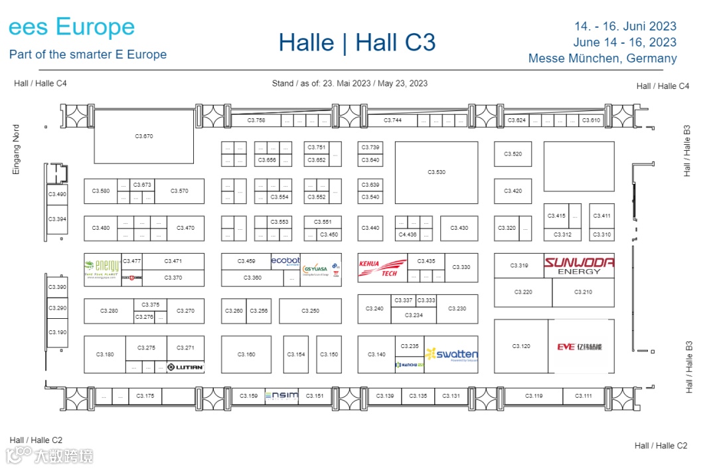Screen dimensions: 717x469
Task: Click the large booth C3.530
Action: pyautogui.click(x=436, y=173)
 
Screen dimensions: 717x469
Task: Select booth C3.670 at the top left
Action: pyautogui.click(x=144, y=136)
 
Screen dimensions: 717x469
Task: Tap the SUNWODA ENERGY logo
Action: pyautogui.click(x=579, y=266)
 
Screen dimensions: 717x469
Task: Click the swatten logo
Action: pyautogui.click(x=451, y=355)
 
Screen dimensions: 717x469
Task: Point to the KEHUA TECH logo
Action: pyautogui.click(x=382, y=267)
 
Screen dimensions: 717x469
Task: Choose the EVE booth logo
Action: pyautogui.click(x=580, y=347)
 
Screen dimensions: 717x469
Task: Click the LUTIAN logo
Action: pyautogui.click(x=185, y=367)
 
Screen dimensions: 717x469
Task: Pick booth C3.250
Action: pyautogui.click(x=310, y=311)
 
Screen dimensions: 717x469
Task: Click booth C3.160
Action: pyautogui.click(x=246, y=355)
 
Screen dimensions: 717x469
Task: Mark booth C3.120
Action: pyautogui.click(x=521, y=347)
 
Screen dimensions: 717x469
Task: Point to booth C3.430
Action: pyautogui.click(x=459, y=229)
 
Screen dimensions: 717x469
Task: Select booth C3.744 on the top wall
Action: pyautogui.click(x=392, y=120)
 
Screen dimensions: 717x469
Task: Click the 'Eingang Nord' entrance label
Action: pyautogui.click(x=17, y=149)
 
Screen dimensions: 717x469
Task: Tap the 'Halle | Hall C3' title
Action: pyautogui.click(x=357, y=43)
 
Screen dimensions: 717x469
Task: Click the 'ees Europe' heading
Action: pyautogui.click(x=72, y=27)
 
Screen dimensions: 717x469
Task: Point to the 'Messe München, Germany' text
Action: pyautogui.click(x=602, y=58)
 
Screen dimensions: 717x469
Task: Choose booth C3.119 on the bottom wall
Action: pyautogui.click(x=533, y=396)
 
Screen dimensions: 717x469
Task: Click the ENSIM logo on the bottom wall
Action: pyautogui.click(x=281, y=396)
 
